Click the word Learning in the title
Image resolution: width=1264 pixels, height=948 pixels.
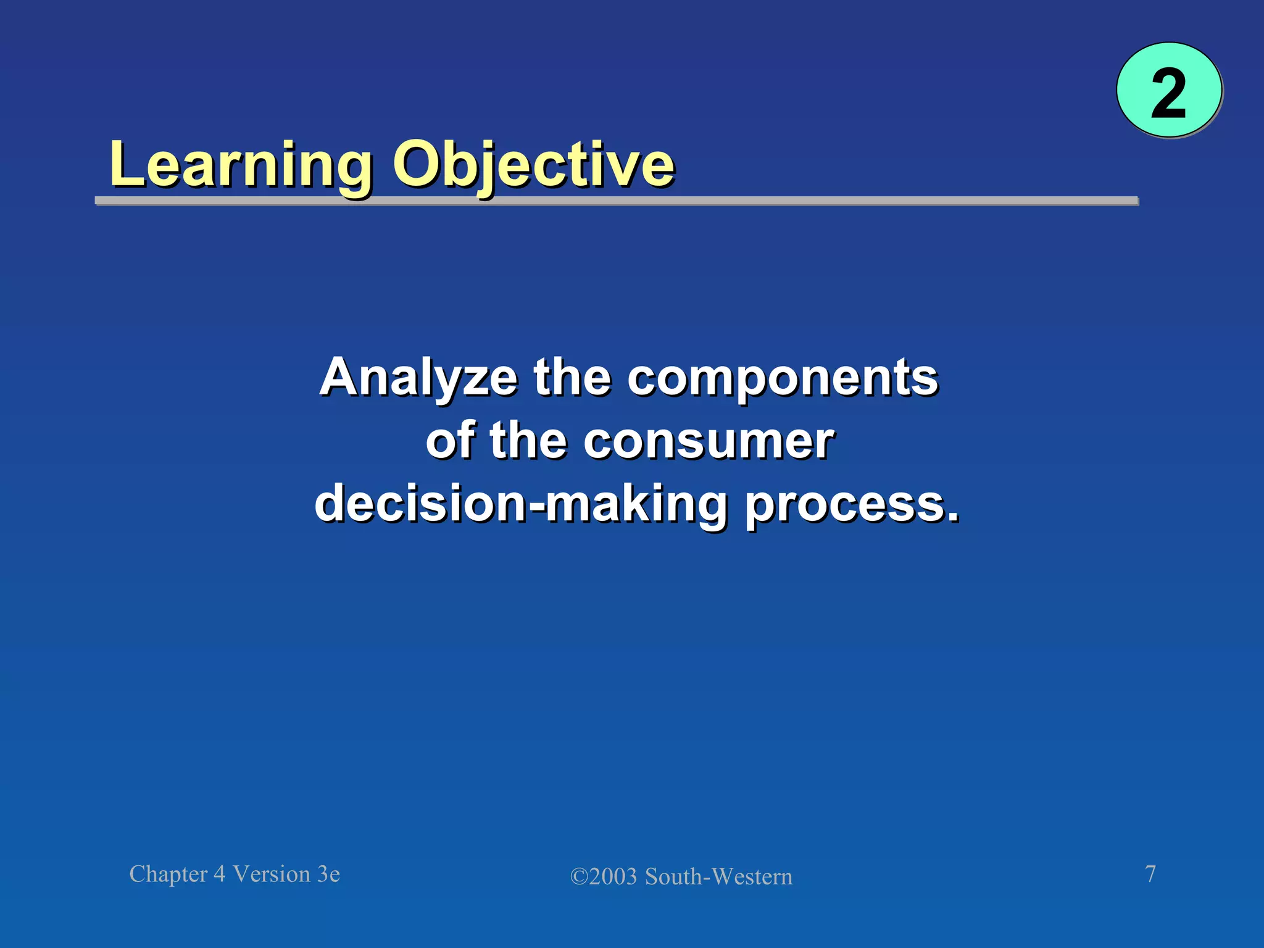pos(241,165)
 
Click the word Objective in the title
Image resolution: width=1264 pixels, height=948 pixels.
pos(534,165)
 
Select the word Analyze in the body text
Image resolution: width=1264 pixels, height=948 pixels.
pos(418,378)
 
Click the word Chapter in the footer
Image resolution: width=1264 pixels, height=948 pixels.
pos(168,875)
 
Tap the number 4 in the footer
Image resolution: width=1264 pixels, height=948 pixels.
pos(219,875)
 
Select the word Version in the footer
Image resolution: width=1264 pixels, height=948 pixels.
pos(272,875)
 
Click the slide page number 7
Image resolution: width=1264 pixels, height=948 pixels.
pos(1150,874)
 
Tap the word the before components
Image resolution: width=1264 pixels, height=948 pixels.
pos(572,378)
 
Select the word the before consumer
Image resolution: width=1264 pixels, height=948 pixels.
pos(528,441)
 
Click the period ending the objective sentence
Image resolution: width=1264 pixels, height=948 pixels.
pos(954,517)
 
